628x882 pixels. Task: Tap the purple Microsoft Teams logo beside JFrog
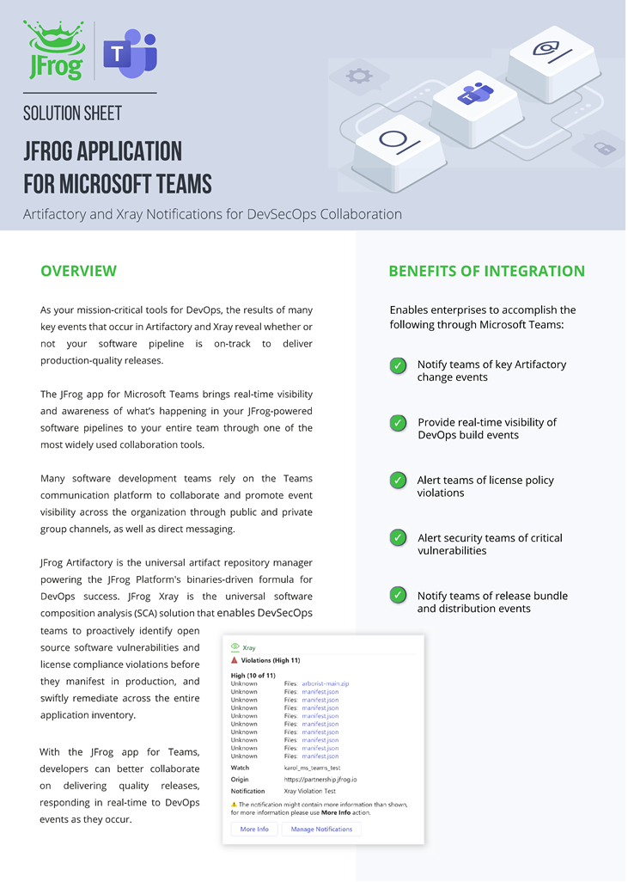(x=129, y=53)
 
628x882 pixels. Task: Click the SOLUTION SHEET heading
(x=72, y=113)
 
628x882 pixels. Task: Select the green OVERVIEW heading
(x=78, y=271)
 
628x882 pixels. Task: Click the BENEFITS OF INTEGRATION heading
(x=486, y=271)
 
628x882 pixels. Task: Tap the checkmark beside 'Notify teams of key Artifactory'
(x=399, y=365)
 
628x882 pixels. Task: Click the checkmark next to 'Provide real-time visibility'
(x=399, y=423)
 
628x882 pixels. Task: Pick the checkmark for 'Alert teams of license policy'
(x=399, y=481)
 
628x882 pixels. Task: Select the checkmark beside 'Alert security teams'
(x=399, y=538)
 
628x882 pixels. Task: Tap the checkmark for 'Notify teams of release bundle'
(x=399, y=596)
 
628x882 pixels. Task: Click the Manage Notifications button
(x=321, y=829)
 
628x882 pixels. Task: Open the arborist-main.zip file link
(x=326, y=683)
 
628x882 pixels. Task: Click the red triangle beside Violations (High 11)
(x=235, y=660)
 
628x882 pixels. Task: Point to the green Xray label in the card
(x=249, y=647)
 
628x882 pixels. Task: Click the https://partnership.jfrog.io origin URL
(x=320, y=779)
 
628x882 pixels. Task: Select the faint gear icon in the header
(x=358, y=76)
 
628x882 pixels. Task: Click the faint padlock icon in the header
(x=604, y=148)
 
